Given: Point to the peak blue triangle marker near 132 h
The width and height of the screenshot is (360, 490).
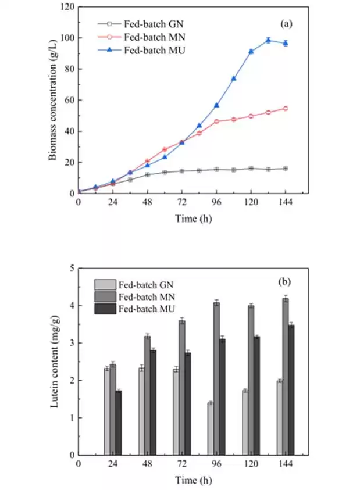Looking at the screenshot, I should coord(268,40).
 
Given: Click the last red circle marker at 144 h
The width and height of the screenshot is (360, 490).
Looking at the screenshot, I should coord(286,108).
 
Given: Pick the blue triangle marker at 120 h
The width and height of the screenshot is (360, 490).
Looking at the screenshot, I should coord(251,51).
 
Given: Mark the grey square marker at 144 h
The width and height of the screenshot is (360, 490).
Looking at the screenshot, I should coord(286,169).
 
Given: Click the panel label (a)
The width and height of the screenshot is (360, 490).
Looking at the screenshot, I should coord(286,24).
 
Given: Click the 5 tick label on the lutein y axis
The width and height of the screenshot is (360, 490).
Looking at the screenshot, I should coord(72,269).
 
